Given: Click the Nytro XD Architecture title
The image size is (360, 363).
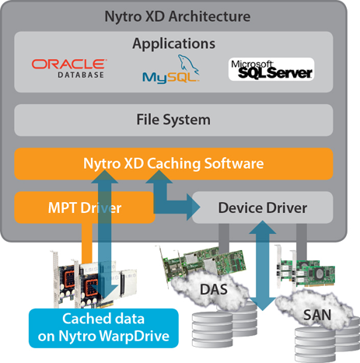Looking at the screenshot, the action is click(177, 17).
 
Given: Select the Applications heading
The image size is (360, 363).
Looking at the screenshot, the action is click(173, 44).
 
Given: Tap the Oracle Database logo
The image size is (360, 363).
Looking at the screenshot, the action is click(69, 68).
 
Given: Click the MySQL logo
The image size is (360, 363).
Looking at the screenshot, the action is click(171, 69).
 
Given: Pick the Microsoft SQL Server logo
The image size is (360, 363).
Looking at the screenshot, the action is click(271, 69).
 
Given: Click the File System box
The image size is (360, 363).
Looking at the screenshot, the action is click(173, 120).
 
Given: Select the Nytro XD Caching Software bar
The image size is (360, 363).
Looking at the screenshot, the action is click(173, 164).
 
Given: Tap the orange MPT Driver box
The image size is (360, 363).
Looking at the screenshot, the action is click(85, 208).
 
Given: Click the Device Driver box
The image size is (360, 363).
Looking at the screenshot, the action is click(263, 208).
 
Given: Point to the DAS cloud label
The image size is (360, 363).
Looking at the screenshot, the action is click(214, 289).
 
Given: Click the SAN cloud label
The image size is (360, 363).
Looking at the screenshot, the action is click(317, 315).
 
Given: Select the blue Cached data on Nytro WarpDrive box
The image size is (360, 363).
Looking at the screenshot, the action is click(103, 328).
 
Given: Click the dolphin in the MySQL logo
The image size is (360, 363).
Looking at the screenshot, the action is click(188, 64).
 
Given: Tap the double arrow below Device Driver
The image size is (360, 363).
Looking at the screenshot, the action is click(262, 266).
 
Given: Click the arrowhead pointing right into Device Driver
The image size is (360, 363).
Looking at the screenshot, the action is click(194, 208).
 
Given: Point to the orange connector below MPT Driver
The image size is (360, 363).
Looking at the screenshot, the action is click(87, 243).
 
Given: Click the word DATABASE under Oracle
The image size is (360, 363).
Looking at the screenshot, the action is click(81, 75).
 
